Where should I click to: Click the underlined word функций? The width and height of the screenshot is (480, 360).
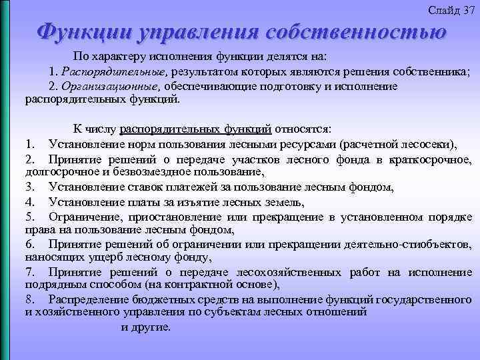point(250,128)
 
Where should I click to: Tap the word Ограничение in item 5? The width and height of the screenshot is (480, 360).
point(80,217)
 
